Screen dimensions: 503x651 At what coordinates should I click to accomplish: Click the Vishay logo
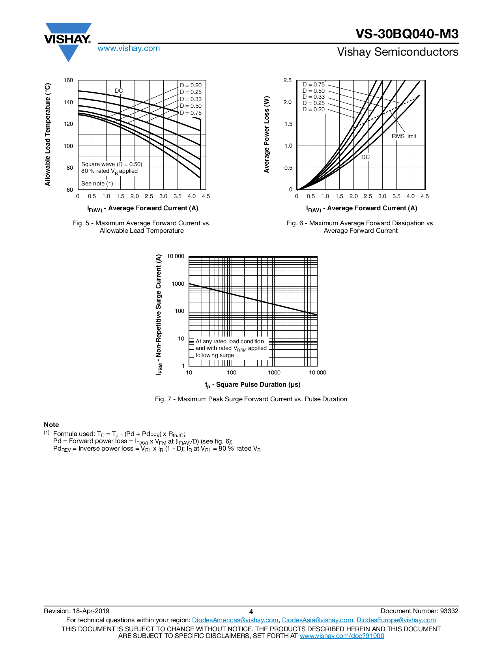point(68,42)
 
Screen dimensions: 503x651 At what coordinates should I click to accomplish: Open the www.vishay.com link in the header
point(129,48)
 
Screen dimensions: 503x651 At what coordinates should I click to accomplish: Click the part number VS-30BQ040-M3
point(407,34)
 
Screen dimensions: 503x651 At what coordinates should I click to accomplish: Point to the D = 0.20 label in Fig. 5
point(191,85)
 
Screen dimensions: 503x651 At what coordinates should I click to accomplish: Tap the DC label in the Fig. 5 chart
point(119,91)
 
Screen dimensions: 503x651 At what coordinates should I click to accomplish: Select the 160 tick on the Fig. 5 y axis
point(68,80)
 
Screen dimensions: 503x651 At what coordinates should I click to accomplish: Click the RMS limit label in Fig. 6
point(404,136)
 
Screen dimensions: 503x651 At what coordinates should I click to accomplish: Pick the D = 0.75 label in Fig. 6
point(313,84)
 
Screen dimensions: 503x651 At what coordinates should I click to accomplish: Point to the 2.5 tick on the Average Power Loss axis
point(287,80)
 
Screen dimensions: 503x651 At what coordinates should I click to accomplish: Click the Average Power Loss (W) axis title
point(266,135)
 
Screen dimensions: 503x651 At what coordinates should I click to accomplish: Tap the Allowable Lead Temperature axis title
point(47,135)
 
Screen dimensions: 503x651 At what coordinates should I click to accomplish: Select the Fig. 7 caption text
point(251,399)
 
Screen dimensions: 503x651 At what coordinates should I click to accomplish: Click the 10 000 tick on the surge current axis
point(176,256)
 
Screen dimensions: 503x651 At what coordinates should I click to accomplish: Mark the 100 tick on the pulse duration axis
point(232,372)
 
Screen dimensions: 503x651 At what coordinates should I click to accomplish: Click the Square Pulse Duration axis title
point(252,385)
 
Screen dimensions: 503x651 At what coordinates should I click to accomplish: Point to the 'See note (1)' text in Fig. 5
point(97,183)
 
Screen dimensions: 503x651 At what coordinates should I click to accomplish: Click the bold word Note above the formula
point(51,425)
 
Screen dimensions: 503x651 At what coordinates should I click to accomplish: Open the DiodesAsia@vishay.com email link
point(318,620)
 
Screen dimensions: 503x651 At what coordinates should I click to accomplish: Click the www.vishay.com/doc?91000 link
point(342,636)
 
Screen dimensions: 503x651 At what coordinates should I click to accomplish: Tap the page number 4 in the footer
point(251,612)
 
